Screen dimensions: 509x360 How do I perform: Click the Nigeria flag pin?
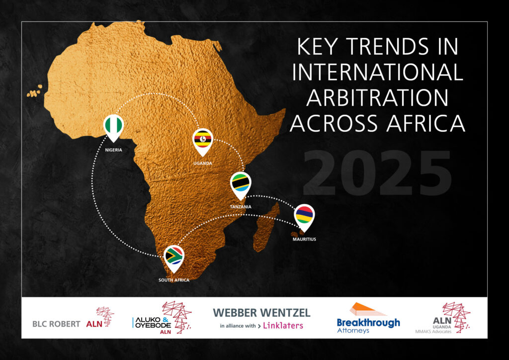tap(113, 127)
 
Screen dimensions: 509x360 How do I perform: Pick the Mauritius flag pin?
tap(304, 217)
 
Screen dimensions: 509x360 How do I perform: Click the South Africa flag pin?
tap(173, 258)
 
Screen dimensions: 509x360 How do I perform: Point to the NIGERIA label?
tap(114, 150)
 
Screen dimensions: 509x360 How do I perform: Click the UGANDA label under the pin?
tap(203, 163)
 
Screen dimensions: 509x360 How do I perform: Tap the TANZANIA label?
tap(241, 207)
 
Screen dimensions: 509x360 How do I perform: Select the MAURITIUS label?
tap(304, 239)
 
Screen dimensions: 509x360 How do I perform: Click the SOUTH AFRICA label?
tap(174, 280)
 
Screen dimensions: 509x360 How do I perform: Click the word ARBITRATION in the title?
tap(377, 97)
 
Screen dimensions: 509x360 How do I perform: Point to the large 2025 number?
tap(377, 173)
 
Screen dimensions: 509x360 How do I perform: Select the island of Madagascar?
tap(265, 227)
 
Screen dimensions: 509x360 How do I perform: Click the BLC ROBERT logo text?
tap(56, 324)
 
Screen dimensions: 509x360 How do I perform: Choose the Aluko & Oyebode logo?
tap(162, 318)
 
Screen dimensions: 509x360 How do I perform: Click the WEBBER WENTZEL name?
tap(261, 313)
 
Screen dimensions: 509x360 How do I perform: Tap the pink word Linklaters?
tap(283, 326)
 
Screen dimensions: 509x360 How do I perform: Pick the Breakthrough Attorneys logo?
tap(368, 318)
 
